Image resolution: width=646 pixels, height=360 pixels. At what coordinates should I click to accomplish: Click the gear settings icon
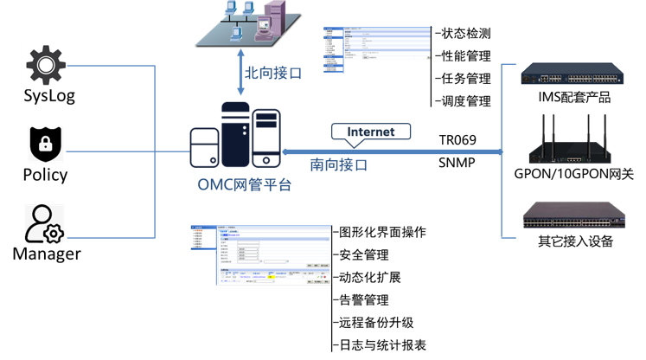point(46,65)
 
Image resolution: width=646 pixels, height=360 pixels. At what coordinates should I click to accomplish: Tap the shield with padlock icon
point(46,144)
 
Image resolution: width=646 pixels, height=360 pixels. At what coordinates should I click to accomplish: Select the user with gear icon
point(44,223)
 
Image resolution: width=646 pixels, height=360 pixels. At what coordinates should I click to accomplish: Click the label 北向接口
point(273,74)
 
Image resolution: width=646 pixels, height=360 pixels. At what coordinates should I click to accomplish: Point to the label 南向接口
point(339,164)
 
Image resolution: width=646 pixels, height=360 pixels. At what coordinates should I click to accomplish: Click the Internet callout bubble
point(370,132)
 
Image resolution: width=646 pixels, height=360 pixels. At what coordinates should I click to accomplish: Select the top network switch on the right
point(571,74)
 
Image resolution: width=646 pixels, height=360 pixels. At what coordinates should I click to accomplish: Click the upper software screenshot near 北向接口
point(378,50)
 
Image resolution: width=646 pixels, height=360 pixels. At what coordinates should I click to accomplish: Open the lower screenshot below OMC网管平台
point(260,255)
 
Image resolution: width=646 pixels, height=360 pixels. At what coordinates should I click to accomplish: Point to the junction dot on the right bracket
point(502,151)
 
